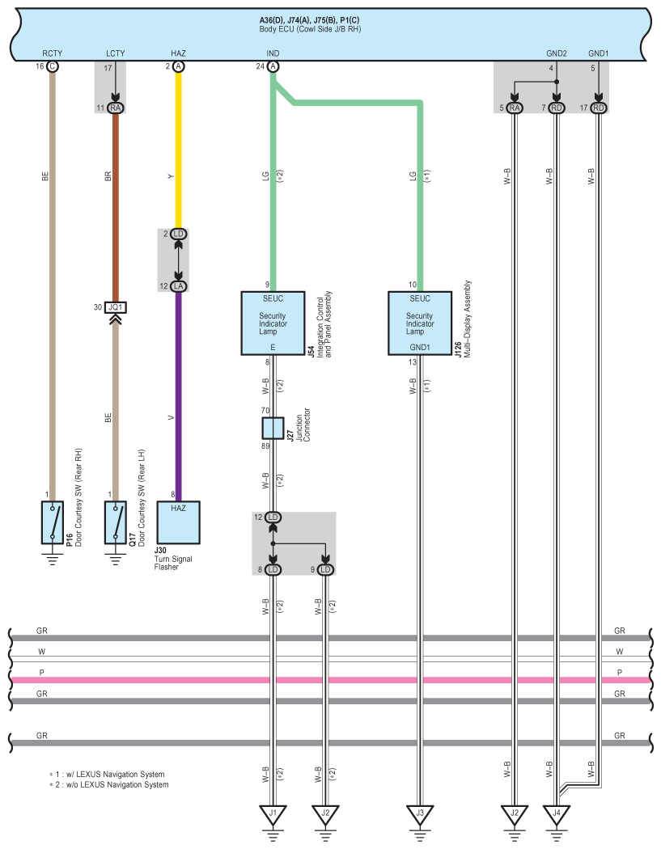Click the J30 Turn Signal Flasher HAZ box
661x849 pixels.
coord(178,524)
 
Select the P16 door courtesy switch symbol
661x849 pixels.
coord(53,522)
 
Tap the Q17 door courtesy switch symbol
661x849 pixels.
coord(116,522)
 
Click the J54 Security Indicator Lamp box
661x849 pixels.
coord(273,323)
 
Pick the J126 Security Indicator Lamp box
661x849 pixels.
coord(419,323)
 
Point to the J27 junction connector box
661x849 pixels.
coord(273,429)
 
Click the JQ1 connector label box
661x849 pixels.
coord(116,307)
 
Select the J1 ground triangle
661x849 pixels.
coord(273,813)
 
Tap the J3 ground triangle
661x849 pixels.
coord(419,813)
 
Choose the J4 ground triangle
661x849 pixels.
coord(557,813)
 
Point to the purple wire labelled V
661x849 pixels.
coord(178,396)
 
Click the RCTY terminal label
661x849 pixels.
coord(53,53)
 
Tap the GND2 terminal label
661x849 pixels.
coord(557,53)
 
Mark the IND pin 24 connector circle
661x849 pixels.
coord(273,66)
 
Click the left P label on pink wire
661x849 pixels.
coord(41,673)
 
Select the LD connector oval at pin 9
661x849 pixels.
coord(326,569)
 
